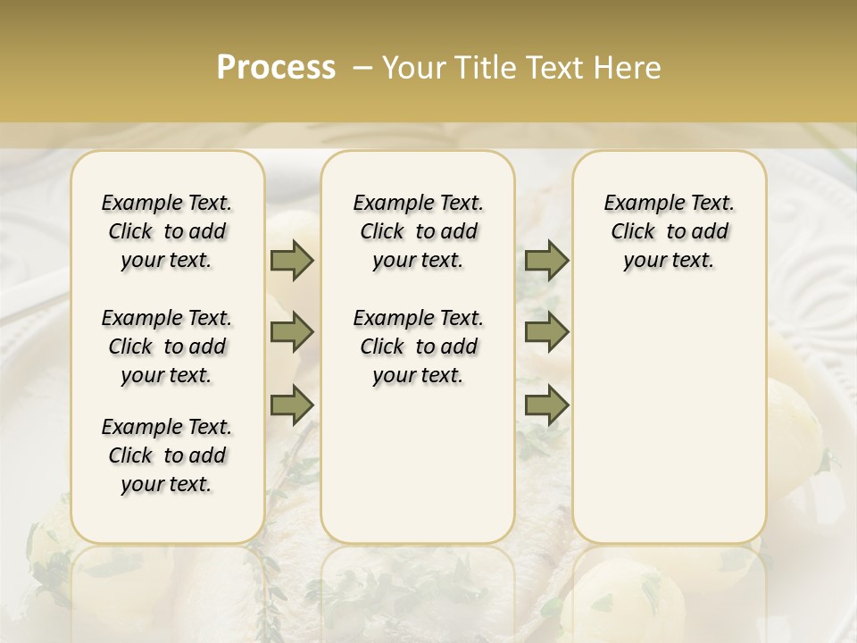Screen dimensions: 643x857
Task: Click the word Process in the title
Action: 276,68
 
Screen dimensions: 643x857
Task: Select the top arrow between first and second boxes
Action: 292,261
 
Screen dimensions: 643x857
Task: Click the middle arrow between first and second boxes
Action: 292,333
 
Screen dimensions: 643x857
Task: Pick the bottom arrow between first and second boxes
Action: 292,405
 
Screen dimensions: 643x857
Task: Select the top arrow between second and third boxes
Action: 546,261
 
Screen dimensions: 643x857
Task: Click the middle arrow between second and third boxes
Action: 546,333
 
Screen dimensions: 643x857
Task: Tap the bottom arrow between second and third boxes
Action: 546,405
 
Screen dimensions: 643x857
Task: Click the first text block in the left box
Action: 167,231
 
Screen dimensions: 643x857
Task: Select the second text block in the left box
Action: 167,347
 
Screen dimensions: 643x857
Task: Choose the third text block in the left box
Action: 167,455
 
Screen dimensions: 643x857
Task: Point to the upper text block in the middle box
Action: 418,231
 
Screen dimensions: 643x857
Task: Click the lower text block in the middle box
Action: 418,347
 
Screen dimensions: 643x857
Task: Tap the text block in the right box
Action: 669,231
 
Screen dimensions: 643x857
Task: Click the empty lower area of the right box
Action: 669,411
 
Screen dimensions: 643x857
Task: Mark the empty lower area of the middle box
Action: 418,464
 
